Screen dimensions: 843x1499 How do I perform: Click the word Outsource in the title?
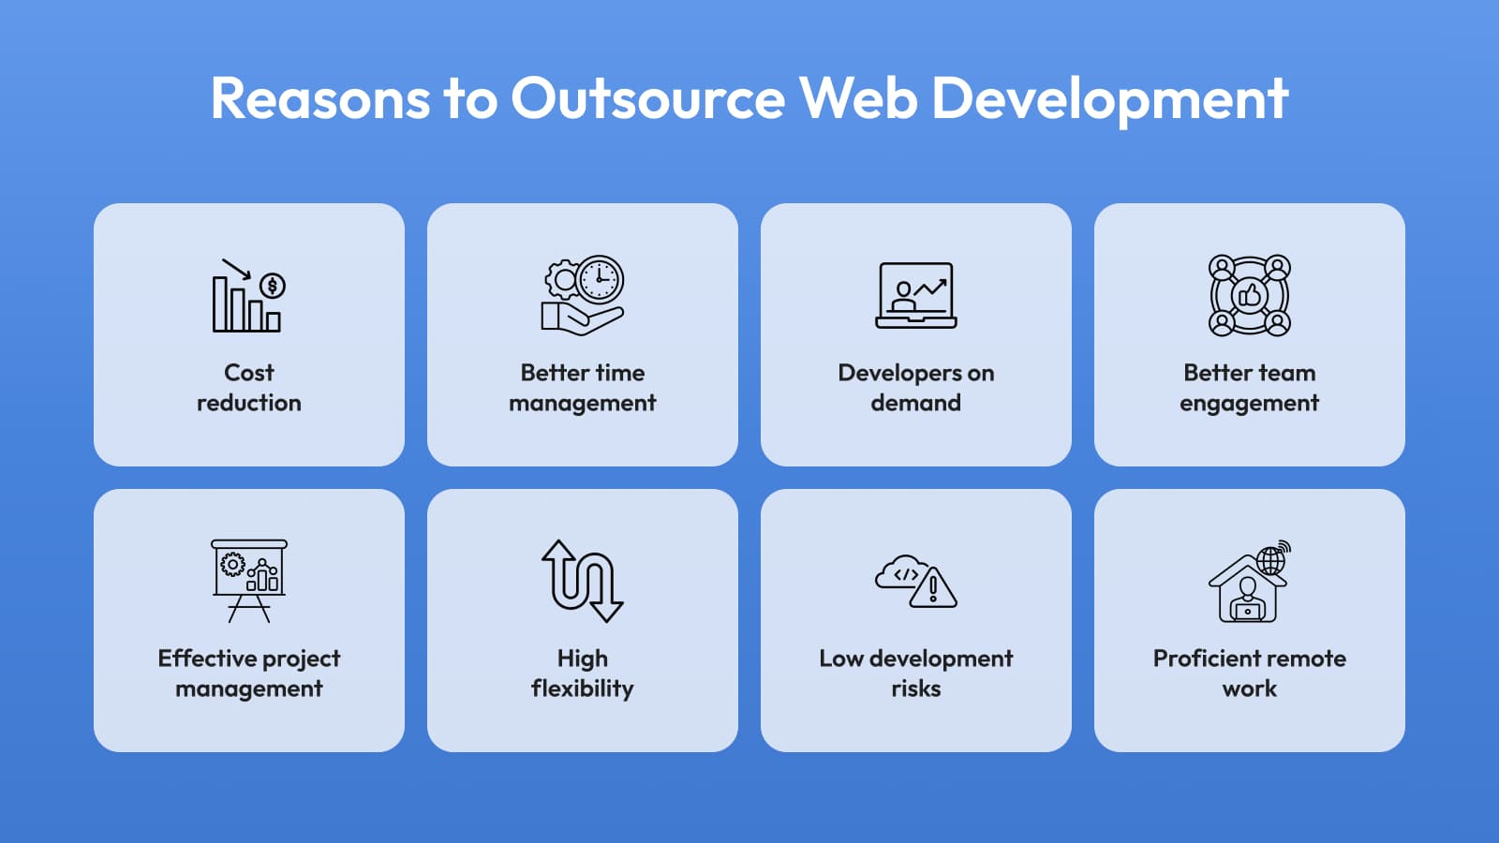[647, 97]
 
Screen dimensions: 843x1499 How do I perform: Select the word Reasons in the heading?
[319, 97]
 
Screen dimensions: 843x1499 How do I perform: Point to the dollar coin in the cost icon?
[273, 286]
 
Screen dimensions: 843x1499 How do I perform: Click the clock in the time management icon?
[600, 279]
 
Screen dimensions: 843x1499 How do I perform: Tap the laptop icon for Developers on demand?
[916, 295]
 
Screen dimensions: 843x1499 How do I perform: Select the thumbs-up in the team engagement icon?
[1250, 295]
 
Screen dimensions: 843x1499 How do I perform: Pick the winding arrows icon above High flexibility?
[583, 581]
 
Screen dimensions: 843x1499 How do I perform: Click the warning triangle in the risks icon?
[933, 588]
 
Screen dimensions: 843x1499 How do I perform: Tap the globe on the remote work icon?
[1271, 560]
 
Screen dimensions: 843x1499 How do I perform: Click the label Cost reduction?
[249, 388]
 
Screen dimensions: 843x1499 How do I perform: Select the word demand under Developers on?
[916, 403]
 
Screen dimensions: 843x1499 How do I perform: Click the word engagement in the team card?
[1250, 404]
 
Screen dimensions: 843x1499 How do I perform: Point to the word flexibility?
[583, 689]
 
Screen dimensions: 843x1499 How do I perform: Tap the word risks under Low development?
[916, 688]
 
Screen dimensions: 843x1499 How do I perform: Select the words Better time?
[583, 373]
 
